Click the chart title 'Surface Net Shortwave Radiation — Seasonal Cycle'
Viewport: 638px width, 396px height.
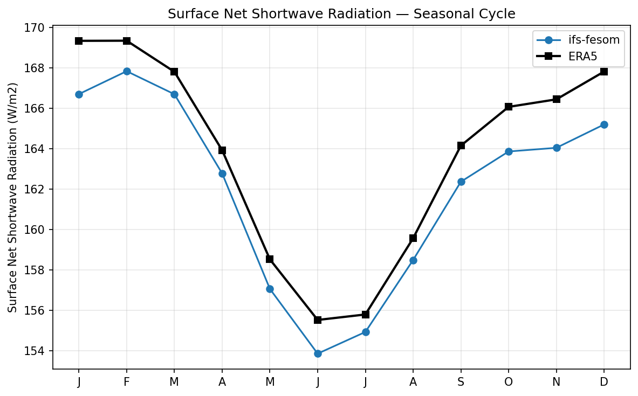point(341,14)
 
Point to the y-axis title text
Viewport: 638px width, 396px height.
point(13,197)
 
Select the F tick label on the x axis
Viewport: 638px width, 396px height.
point(127,382)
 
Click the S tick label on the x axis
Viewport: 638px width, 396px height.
point(461,382)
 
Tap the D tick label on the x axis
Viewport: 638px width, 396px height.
point(604,382)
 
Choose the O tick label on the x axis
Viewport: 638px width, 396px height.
point(509,382)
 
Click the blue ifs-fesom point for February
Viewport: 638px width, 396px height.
point(127,71)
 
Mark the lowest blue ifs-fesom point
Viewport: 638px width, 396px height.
point(318,353)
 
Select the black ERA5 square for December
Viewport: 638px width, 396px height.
point(604,71)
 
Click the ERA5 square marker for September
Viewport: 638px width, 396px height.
point(461,145)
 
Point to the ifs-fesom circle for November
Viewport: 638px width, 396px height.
point(557,148)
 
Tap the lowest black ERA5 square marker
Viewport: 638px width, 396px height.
point(318,320)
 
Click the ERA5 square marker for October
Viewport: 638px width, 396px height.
point(509,107)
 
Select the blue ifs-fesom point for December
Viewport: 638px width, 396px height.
point(604,124)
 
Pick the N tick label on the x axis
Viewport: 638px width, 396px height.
point(557,382)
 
